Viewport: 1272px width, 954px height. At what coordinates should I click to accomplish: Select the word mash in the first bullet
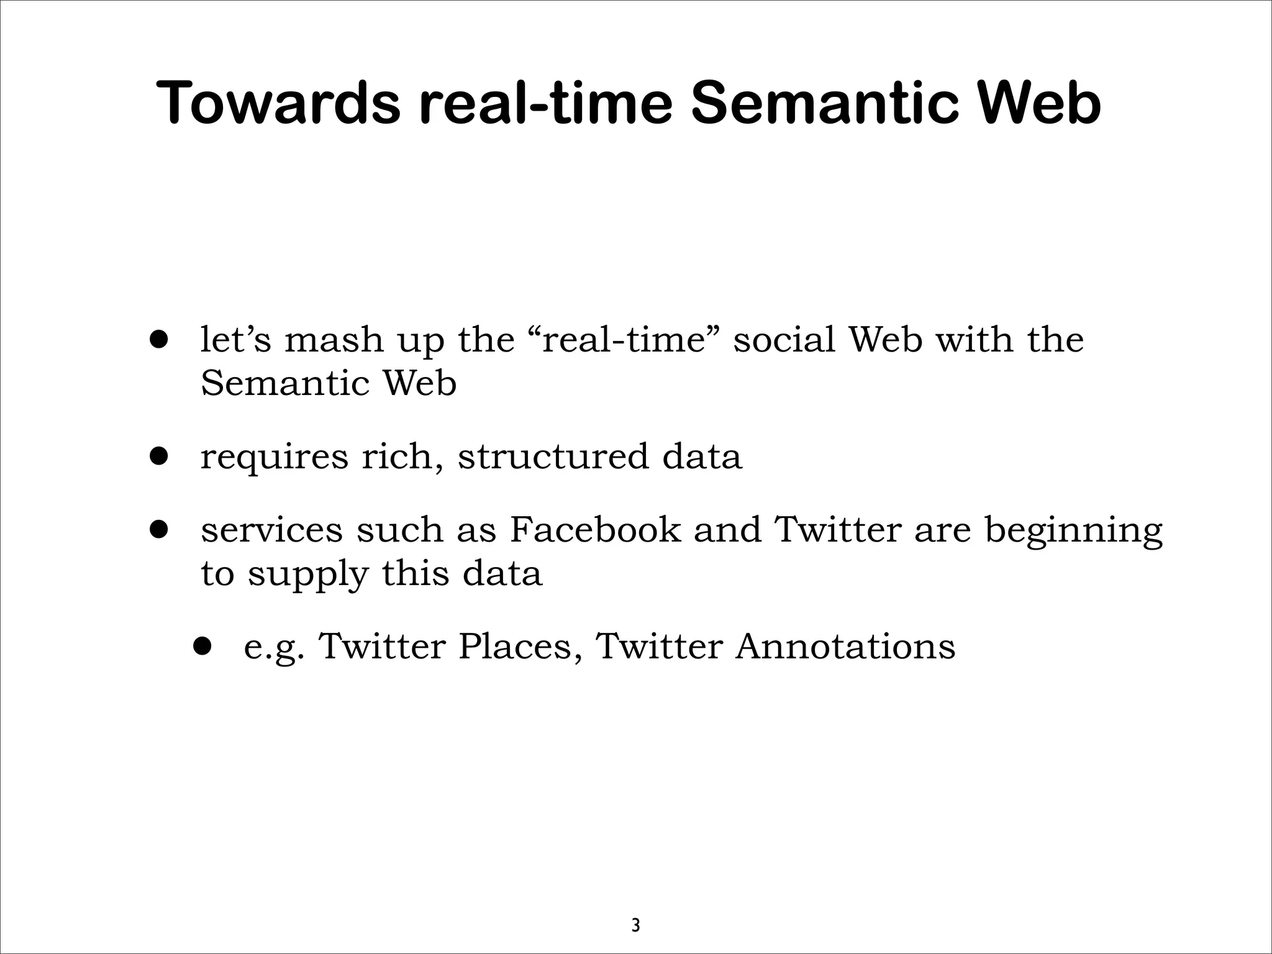point(334,341)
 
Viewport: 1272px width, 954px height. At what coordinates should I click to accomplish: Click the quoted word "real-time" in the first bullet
point(625,341)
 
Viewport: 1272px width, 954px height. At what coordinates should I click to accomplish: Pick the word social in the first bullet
point(784,341)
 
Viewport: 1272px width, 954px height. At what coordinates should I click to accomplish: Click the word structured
point(553,457)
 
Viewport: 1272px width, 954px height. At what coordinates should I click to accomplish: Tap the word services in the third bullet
point(271,530)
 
